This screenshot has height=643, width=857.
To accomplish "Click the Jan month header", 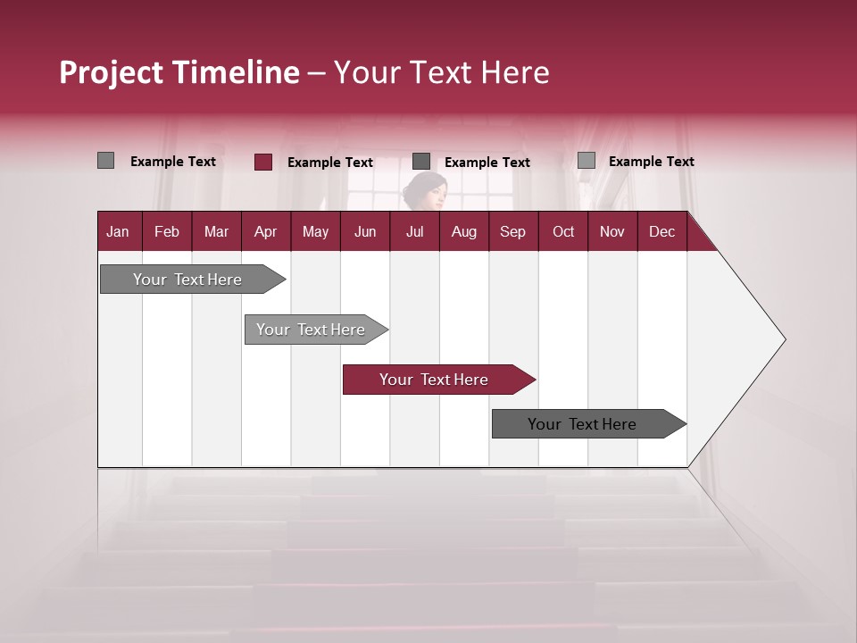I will pos(118,232).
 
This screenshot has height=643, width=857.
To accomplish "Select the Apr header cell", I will pos(265,232).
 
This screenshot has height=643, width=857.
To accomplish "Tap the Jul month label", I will pos(414,232).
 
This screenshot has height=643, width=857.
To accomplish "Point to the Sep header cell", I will pos(512,232).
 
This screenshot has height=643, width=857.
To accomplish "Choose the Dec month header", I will pos(661,232).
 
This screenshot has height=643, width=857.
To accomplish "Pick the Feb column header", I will pos(167,232).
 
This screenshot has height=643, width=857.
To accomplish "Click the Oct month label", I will pos(563,232).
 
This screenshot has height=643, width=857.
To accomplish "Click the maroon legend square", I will pos(263,162).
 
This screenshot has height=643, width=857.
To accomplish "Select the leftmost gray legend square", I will pos(106,161).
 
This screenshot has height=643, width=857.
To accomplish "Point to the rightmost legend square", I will pos(587,161).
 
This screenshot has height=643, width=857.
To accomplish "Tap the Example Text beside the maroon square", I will pos(329,163).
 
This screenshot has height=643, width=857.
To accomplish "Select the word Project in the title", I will pos(112,73).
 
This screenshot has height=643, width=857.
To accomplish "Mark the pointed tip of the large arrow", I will pos(784,339).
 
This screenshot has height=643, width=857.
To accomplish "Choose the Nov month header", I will pos(612,232).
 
